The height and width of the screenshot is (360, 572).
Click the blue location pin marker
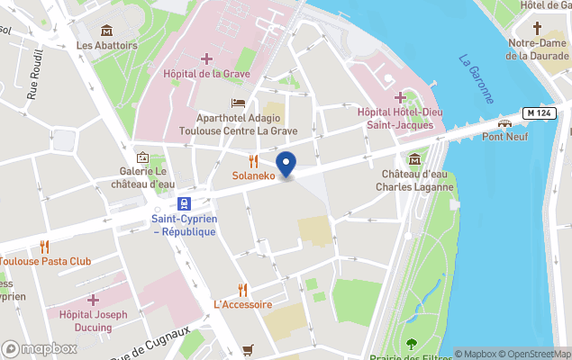pos(286,165)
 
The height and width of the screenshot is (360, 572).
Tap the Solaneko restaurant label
pos(253,175)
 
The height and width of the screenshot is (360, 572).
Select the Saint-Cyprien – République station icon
pos(184,203)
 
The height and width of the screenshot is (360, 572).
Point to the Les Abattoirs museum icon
pos(106,31)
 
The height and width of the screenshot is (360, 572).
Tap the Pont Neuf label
pos(504,137)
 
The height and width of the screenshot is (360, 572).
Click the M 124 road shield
pos(538,112)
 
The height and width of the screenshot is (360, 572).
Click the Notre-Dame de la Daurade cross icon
pos(538,28)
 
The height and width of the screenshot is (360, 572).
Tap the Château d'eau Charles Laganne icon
pos(414,159)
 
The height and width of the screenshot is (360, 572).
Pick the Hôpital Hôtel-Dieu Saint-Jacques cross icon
pos(401,97)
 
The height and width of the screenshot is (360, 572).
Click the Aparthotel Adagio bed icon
pos(238,103)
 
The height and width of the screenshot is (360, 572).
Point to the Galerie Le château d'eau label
pos(142,177)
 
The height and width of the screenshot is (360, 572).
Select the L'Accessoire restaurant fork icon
pos(242,290)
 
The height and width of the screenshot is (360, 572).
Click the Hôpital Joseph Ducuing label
pos(93,320)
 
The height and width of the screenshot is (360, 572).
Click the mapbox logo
pos(39,348)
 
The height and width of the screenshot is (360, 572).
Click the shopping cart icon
pos(248,349)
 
